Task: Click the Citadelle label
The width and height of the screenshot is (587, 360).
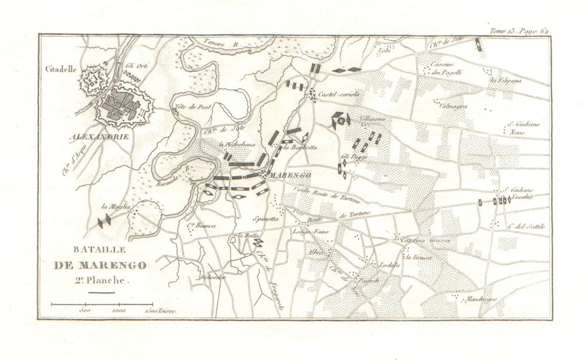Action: [x=60, y=68]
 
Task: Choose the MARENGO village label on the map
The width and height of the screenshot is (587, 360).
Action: [x=289, y=175]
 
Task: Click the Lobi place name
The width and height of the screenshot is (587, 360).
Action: [x=385, y=51]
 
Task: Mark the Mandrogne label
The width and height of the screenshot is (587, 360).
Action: [x=480, y=299]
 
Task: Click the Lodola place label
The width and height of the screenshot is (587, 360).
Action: [x=389, y=265]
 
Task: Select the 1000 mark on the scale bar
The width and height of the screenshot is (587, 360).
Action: [x=119, y=310]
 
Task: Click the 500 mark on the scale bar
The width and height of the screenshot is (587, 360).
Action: [x=85, y=310]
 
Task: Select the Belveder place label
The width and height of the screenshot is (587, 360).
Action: [x=212, y=277]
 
